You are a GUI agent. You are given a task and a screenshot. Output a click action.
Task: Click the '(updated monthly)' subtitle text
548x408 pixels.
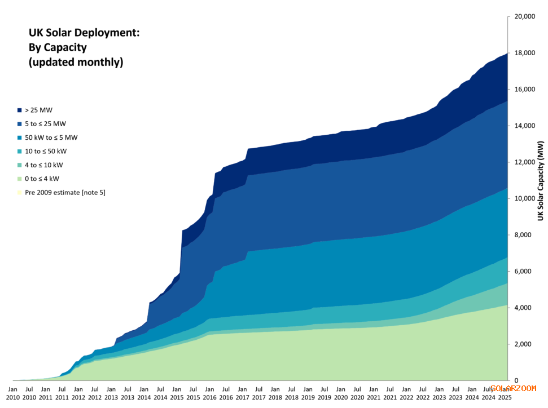(76, 63)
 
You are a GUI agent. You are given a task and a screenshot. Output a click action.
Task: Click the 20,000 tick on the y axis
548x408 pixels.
(524, 17)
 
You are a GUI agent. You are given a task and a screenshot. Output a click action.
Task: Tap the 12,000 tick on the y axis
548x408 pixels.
(524, 162)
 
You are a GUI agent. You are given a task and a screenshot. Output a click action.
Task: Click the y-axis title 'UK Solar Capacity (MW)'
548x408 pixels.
(540, 181)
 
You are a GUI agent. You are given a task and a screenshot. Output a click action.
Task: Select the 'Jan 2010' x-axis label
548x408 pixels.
(13, 393)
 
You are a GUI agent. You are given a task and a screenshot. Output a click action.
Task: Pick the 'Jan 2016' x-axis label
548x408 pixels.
(209, 393)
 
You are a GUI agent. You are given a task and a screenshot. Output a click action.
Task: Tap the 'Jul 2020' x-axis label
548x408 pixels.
(357, 393)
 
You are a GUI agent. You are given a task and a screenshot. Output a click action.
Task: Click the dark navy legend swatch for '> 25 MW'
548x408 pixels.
(20, 110)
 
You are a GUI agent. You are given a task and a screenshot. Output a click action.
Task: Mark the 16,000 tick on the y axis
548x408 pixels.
(524, 90)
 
